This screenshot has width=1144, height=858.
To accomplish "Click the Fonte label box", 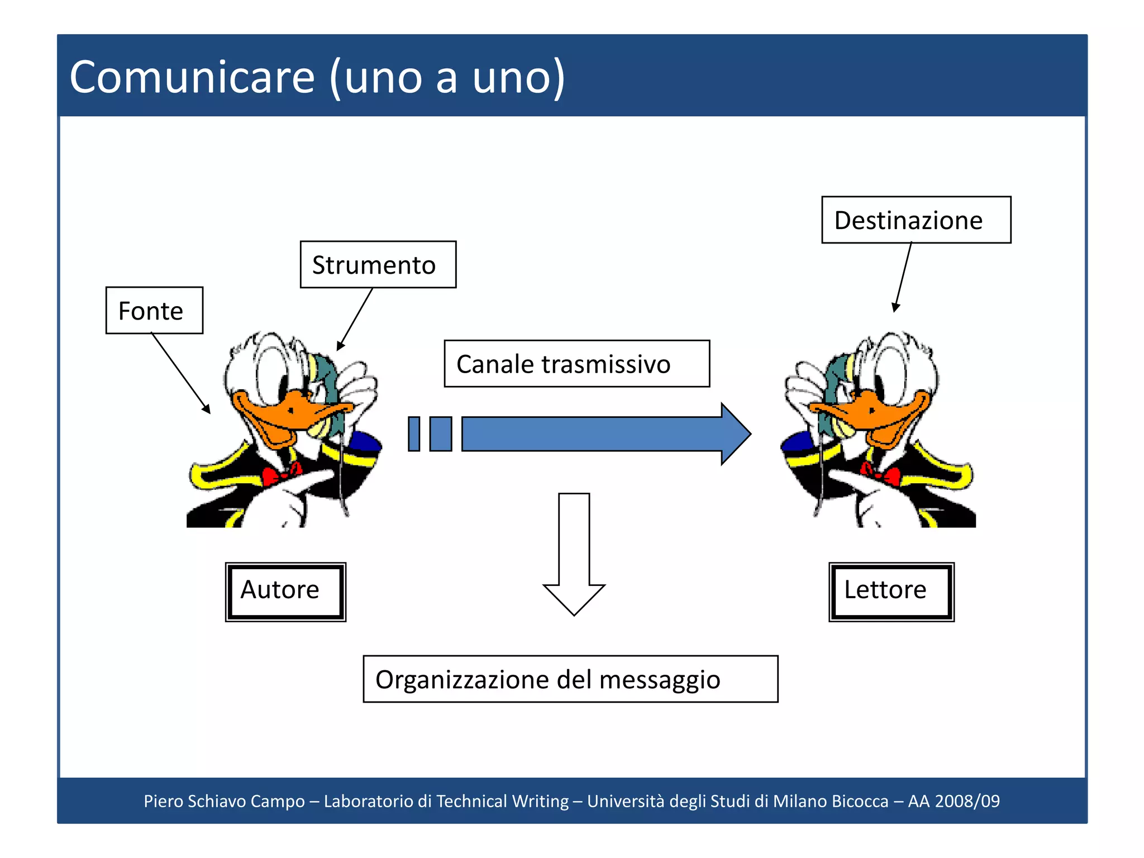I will pos(154,311).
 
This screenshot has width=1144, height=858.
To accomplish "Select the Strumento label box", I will pos(378,265).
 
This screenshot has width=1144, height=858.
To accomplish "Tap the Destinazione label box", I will pos(916,220).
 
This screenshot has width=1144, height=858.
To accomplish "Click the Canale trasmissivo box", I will pos(576,364).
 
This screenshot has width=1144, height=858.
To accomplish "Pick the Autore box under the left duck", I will pos(285,592).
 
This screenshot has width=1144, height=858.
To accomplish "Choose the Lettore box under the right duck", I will pos(891,592).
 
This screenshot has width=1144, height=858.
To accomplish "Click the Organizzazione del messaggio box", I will pos(570,679).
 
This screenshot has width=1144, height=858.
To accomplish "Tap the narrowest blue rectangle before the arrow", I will pos(414,434).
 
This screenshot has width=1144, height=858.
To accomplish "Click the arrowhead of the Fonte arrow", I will pos(207,409).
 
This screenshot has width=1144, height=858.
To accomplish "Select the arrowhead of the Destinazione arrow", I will pos(895,308).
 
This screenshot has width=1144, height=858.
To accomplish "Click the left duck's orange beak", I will pos(290,416).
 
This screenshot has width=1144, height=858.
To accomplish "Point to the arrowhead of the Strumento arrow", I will pos(340,346).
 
